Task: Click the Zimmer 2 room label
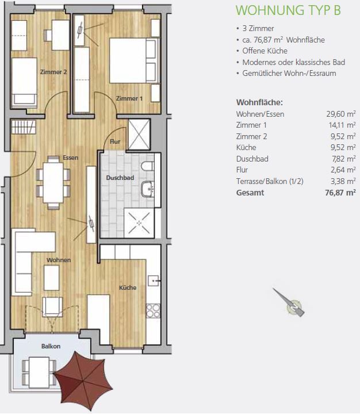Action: pyautogui.click(x=53, y=72)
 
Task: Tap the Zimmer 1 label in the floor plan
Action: pyautogui.click(x=129, y=98)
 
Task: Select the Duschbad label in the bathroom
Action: pyautogui.click(x=120, y=178)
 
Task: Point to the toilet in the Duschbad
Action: pyautogui.click(x=148, y=166)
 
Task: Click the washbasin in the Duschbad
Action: pyautogui.click(x=148, y=189)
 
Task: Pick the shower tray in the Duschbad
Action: pyautogui.click(x=139, y=223)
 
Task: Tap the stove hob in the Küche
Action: pyautogui.click(x=153, y=310)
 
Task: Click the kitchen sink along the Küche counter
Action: pyautogui.click(x=154, y=281)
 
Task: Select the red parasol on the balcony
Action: pyautogui.click(x=83, y=380)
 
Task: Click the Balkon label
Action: pyautogui.click(x=51, y=346)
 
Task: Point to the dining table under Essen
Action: pyautogui.click(x=53, y=183)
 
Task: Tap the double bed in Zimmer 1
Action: pyautogui.click(x=135, y=60)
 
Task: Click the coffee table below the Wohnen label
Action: pyautogui.click(x=52, y=278)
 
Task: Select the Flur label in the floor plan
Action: pyautogui.click(x=115, y=141)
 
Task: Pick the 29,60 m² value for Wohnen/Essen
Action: pyautogui.click(x=340, y=114)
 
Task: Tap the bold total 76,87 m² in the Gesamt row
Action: pyautogui.click(x=340, y=193)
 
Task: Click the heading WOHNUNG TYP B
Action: pyautogui.click(x=288, y=10)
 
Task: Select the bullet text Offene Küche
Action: pyautogui.click(x=265, y=51)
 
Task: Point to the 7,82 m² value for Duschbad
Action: pyautogui.click(x=343, y=159)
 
